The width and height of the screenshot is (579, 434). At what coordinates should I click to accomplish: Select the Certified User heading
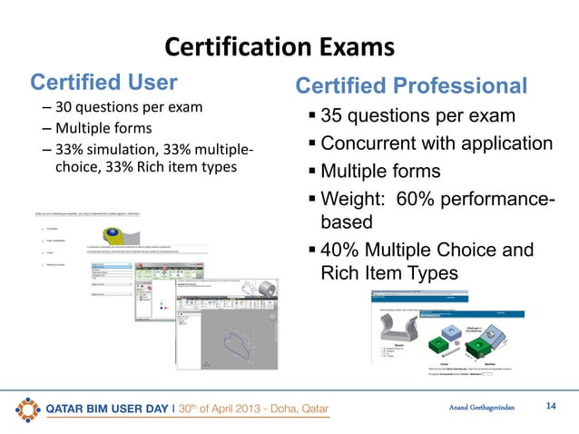[104, 83]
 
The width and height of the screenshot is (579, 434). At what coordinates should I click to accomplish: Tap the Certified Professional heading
[411, 86]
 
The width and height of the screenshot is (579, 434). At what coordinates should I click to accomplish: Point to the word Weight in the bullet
[352, 198]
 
